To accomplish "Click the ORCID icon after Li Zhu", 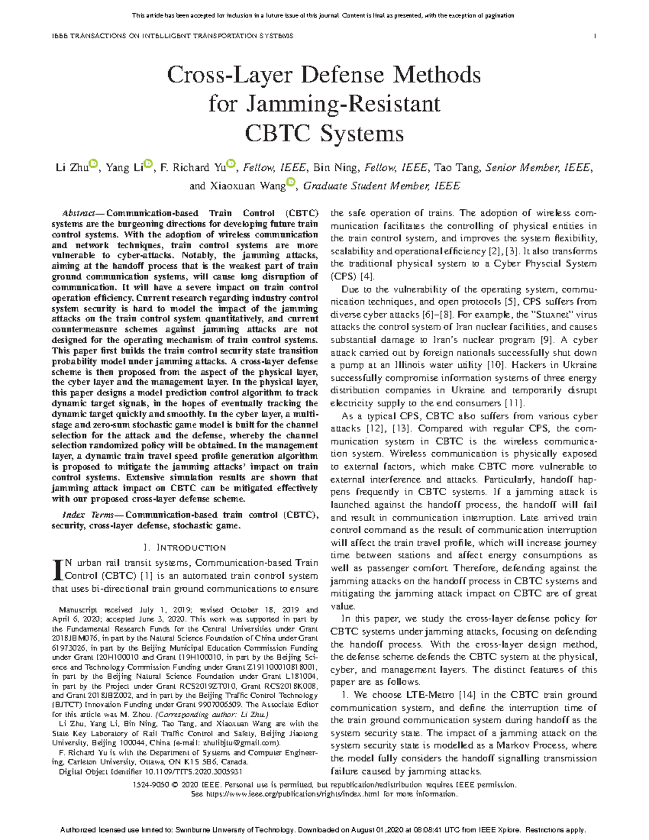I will [92, 164].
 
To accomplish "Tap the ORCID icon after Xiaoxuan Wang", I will [290, 183].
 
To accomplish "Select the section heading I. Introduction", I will [184, 547].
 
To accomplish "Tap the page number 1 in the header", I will [595, 36].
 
